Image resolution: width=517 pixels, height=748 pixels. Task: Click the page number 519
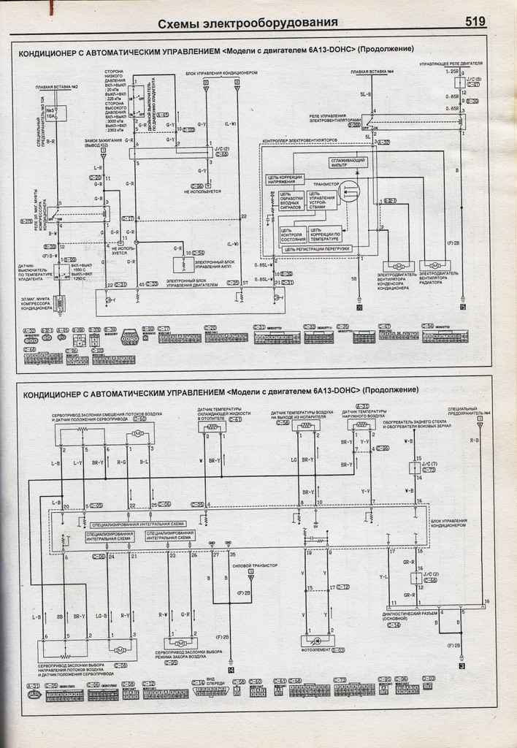click(x=475, y=22)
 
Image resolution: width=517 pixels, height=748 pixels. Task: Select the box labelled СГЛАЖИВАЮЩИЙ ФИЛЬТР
click(x=348, y=162)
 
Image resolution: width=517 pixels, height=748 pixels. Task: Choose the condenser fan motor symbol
click(x=398, y=263)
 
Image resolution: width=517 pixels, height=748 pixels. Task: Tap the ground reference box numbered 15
click(x=462, y=308)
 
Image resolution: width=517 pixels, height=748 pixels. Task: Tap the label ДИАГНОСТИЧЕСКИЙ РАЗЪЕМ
click(x=410, y=614)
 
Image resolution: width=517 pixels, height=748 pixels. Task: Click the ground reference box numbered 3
click(x=462, y=666)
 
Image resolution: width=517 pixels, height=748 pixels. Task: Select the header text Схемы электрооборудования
click(x=248, y=22)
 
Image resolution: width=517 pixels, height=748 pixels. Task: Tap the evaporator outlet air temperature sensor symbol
click(x=307, y=426)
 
